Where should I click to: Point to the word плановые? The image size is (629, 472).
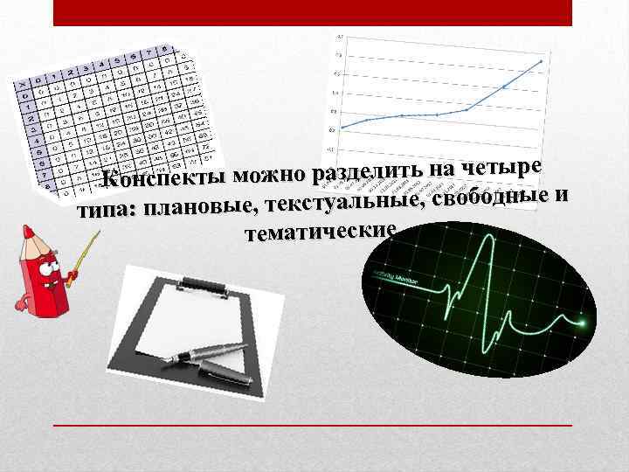tap(197, 210)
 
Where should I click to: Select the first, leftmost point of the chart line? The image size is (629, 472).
tap(342, 128)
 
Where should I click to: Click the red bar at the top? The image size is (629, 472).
tap(312, 12)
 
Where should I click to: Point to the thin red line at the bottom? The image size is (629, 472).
tap(312, 425)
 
